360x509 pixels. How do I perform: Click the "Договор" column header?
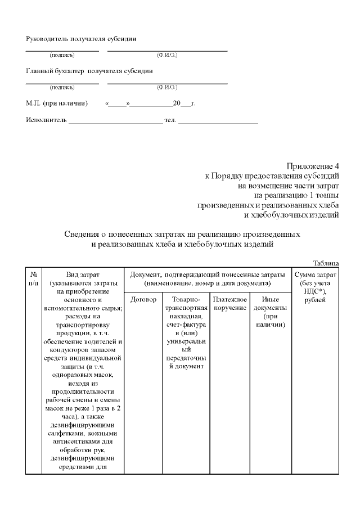[143, 300]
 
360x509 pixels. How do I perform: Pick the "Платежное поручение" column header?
[230, 304]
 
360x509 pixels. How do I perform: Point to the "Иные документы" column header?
[270, 312]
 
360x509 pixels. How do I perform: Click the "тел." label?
[170, 120]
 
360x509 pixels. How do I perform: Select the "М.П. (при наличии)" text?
[57, 103]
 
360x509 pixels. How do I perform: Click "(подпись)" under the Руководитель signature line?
[62, 55]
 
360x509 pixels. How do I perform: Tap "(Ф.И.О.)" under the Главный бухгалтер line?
[167, 87]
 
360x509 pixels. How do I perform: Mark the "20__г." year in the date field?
[184, 103]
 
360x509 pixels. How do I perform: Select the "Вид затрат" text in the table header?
[83, 274]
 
